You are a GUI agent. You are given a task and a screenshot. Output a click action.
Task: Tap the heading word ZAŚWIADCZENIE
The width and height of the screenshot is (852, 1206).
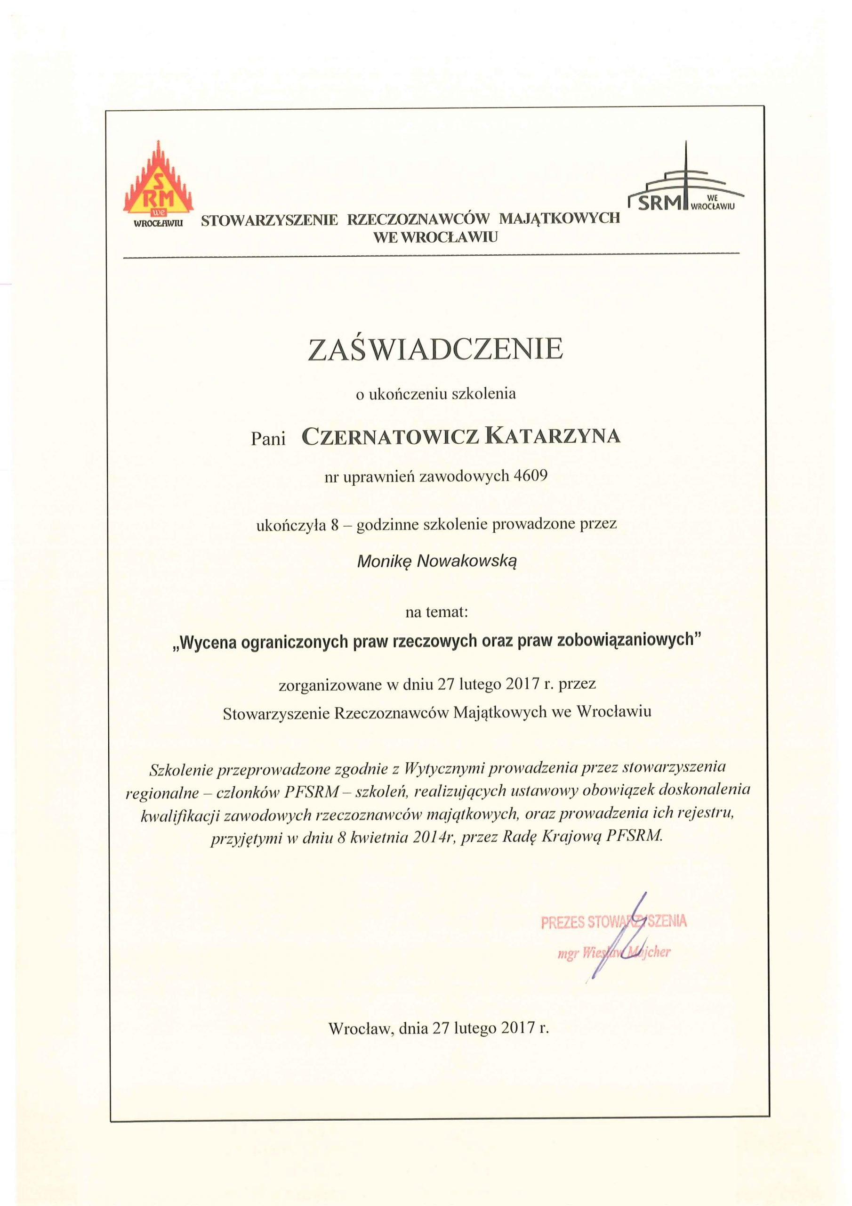click(436, 350)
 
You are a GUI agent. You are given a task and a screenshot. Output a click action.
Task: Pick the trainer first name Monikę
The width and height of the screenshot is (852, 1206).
click(383, 562)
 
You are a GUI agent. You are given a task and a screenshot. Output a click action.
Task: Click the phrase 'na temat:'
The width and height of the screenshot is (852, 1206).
click(436, 612)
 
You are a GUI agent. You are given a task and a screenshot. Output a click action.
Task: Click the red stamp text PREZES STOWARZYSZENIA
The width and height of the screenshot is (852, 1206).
click(614, 922)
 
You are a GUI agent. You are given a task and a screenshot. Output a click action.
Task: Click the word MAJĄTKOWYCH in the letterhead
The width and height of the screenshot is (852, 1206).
click(559, 219)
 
